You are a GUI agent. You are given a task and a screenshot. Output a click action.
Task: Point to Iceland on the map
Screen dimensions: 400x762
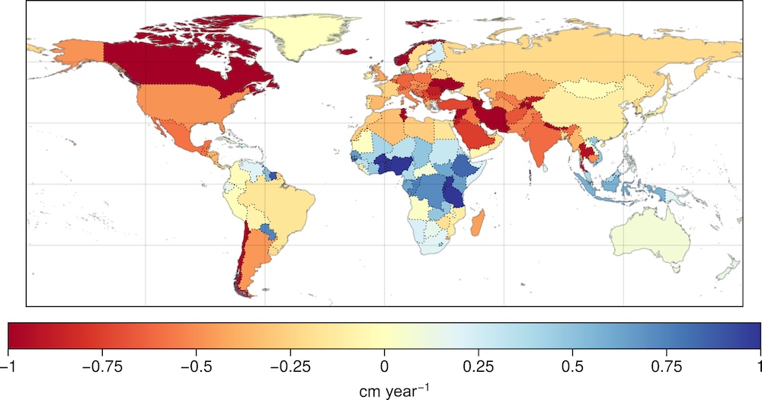(346, 52)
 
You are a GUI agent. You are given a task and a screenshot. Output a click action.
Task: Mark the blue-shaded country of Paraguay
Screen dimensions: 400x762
(267, 230)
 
